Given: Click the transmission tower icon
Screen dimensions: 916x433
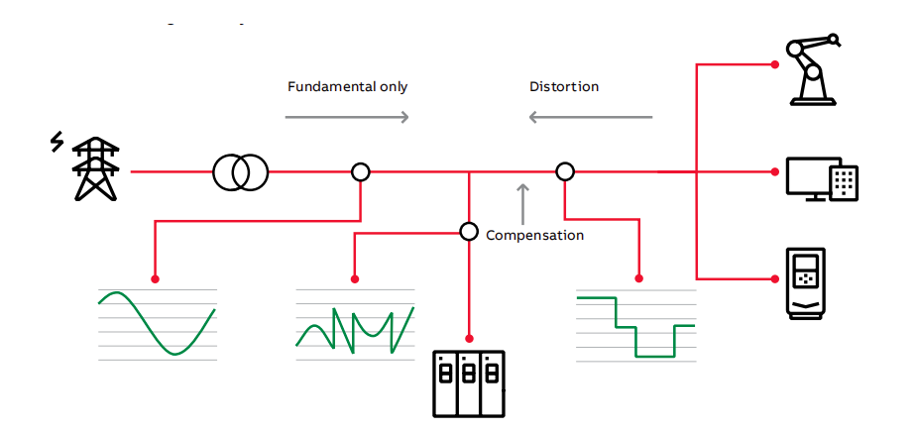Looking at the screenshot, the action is [96, 169].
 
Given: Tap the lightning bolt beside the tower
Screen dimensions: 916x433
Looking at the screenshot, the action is [57, 142].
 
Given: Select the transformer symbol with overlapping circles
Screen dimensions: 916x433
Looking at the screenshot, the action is [241, 172].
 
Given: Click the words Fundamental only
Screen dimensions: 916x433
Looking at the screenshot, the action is [348, 87].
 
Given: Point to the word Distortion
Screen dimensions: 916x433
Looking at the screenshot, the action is [564, 87].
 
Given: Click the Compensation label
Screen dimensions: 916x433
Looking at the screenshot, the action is [534, 235].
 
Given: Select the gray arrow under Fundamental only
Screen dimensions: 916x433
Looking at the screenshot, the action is [346, 117].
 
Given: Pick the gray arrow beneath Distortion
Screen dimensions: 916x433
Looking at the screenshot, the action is [591, 117].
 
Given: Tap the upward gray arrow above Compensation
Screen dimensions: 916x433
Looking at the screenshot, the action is [522, 204].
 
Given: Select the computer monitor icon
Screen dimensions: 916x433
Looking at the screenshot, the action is [822, 178].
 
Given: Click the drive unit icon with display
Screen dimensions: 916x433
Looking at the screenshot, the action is [806, 283].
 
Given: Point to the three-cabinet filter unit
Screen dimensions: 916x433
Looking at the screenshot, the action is [469, 384].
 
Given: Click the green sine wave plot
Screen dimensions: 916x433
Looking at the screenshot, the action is [158, 323].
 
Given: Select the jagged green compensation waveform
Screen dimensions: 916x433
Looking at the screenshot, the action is [355, 330].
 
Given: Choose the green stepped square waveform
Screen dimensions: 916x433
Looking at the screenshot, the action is [636, 327].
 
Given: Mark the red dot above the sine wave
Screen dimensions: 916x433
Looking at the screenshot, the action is [155, 279].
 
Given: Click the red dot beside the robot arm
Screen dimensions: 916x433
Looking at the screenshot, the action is [774, 64].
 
